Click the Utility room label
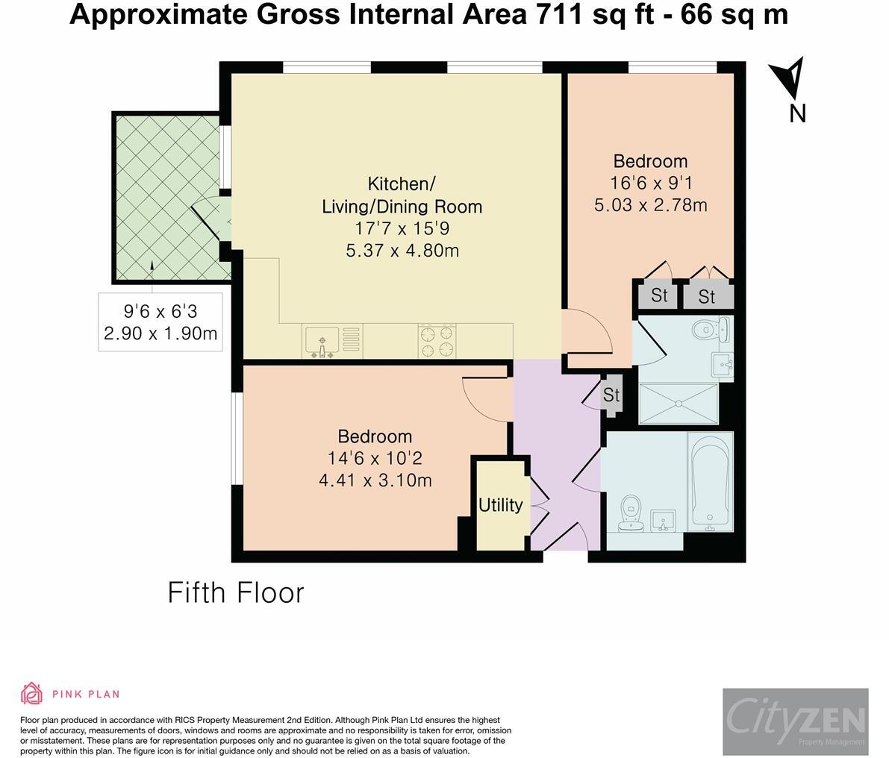[x=501, y=505]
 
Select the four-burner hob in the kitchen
[x=437, y=341]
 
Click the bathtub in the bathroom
[x=710, y=481]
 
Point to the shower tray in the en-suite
[x=679, y=404]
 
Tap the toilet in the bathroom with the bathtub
[x=631, y=513]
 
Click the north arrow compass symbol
[x=789, y=77]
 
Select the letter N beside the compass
[x=798, y=113]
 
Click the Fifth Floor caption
[x=236, y=593]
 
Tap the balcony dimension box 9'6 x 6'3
[x=160, y=322]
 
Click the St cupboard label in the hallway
[x=611, y=395]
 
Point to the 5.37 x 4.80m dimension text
[x=402, y=251]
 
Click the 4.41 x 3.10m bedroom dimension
[x=375, y=480]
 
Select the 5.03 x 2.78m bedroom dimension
[x=651, y=204]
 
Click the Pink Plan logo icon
[x=32, y=693]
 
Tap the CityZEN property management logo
[x=796, y=721]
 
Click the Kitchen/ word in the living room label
[x=402, y=184]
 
